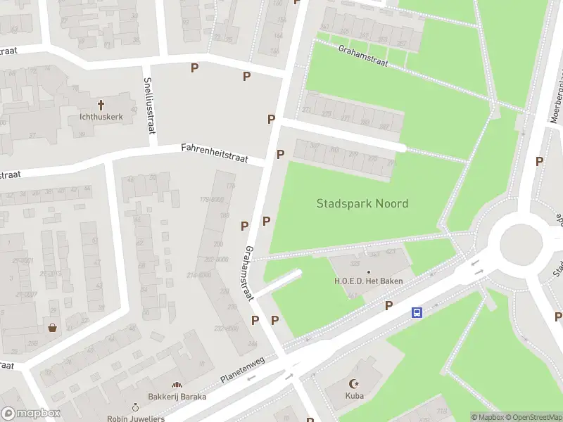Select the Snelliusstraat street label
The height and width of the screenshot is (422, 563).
(x=149, y=105)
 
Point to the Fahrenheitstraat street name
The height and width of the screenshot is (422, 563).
(x=215, y=153)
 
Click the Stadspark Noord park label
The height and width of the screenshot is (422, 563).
(x=362, y=204)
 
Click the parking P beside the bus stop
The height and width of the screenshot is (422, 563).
(x=388, y=305)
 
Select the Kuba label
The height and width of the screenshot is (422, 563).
(x=354, y=396)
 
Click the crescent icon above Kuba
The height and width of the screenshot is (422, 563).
(x=354, y=384)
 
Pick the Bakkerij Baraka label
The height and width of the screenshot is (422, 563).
(x=177, y=397)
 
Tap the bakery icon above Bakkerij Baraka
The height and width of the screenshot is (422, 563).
(x=177, y=385)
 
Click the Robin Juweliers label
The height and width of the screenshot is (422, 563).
(x=136, y=418)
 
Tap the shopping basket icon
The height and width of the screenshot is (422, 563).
(x=53, y=328)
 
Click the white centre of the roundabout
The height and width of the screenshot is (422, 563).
(x=522, y=243)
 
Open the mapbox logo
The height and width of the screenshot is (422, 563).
(x=31, y=414)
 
